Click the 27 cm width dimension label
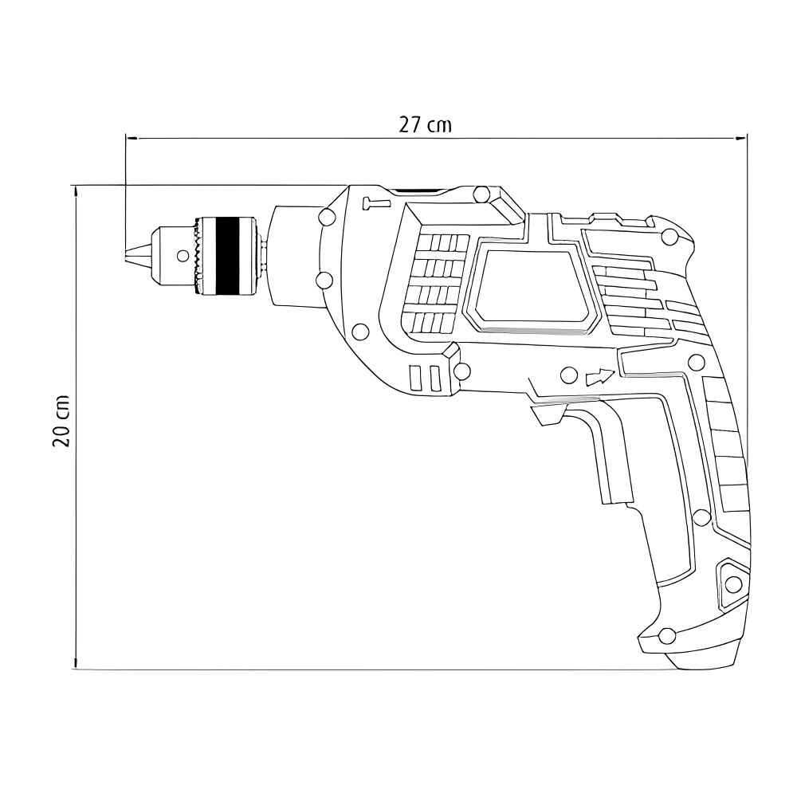tap(425, 124)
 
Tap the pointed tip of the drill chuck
tap(126, 255)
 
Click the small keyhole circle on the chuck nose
tap(182, 255)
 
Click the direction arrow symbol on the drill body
tap(600, 377)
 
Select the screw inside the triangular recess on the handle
tap(733, 583)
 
